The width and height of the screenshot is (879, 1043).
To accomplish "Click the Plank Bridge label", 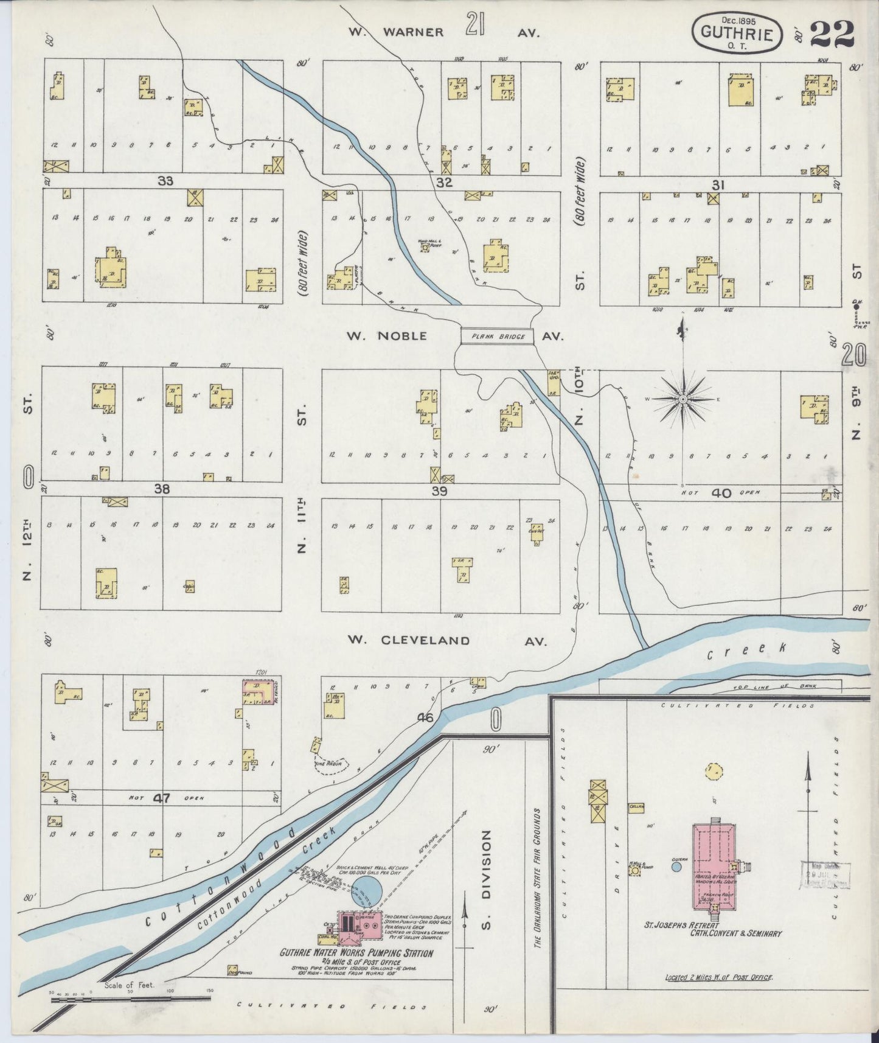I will coord(496,337).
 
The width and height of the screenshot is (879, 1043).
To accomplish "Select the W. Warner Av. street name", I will coord(443,33).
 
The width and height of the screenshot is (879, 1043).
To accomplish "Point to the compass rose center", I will coord(683,399).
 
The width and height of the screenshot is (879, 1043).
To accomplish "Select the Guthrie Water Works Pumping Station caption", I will coord(356,953).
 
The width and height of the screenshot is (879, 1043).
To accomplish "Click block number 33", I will coord(165,181).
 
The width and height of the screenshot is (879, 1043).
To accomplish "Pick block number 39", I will coord(439,491).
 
